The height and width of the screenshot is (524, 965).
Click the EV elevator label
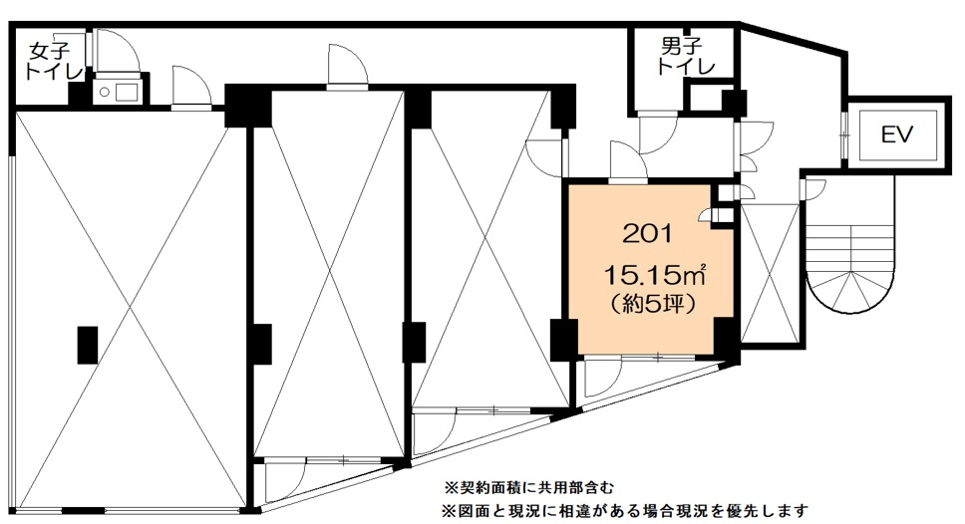(x=896, y=134)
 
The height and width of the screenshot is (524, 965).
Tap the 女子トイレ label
(x=54, y=62)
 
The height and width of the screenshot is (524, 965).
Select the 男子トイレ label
(x=686, y=56)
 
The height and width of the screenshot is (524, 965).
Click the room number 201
(x=647, y=233)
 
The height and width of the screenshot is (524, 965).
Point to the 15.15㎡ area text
(x=654, y=274)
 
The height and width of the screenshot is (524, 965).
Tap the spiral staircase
(x=849, y=264)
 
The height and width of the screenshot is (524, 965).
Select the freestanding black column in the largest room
(x=88, y=345)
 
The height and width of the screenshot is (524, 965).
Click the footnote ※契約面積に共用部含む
(x=528, y=488)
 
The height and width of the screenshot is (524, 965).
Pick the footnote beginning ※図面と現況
(x=625, y=510)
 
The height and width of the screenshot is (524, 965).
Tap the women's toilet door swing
(x=117, y=49)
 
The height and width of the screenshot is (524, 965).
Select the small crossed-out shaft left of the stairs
(x=770, y=273)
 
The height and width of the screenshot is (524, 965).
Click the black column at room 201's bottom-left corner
(x=563, y=340)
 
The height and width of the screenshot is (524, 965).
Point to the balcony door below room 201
(x=603, y=378)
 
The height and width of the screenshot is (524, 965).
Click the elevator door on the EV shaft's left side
(x=845, y=133)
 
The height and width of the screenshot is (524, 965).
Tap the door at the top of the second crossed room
(x=348, y=66)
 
